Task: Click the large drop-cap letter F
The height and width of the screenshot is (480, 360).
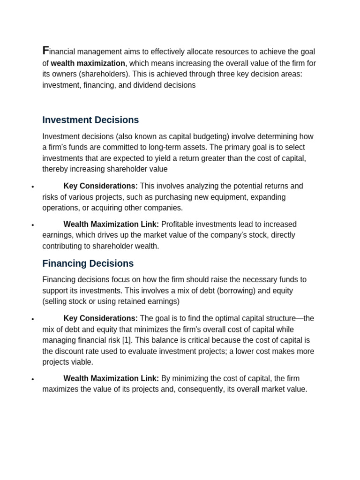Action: [45, 51]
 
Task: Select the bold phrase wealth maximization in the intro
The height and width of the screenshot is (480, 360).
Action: [88, 63]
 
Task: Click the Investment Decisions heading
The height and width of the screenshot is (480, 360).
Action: [90, 120]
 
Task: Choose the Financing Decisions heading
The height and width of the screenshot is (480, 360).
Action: [88, 263]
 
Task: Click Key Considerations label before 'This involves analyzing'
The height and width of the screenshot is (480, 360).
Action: [100, 186]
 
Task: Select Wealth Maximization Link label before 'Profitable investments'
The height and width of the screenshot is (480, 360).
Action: [111, 225]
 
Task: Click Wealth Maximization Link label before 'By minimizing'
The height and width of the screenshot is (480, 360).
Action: [111, 378]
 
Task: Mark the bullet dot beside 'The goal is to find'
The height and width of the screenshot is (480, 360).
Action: [32, 319]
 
